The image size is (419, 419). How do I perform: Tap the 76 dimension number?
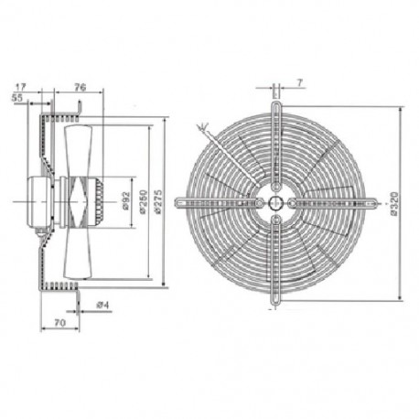pyautogui.click(x=80, y=87)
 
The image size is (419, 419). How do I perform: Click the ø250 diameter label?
pyautogui.click(x=144, y=202)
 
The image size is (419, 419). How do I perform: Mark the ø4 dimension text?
pyautogui.click(x=104, y=304)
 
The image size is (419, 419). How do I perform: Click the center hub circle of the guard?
pyautogui.click(x=276, y=200)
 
